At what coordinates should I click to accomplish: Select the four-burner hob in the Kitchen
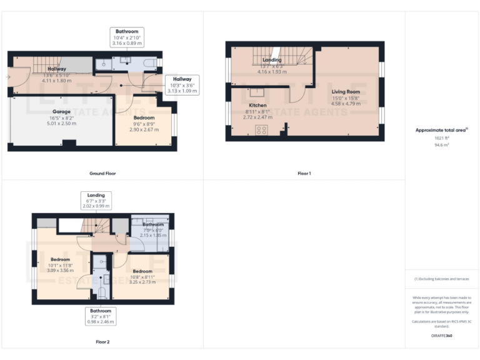pos(261,130)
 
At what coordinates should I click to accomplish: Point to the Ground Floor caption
pos(102,173)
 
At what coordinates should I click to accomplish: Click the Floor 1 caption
pos(304,173)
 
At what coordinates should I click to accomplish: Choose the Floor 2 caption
pos(102,342)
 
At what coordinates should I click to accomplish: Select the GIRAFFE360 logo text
pos(442,336)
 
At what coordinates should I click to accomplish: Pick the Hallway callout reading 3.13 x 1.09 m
pos(182,84)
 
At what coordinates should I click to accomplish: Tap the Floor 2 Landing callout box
pos(96,200)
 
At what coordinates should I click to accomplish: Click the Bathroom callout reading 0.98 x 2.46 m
pos(101,316)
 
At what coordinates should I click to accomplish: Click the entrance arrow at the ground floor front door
pos(7,77)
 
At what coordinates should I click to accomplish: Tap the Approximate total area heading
pos(442,130)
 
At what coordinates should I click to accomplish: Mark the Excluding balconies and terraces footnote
pos(442,279)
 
